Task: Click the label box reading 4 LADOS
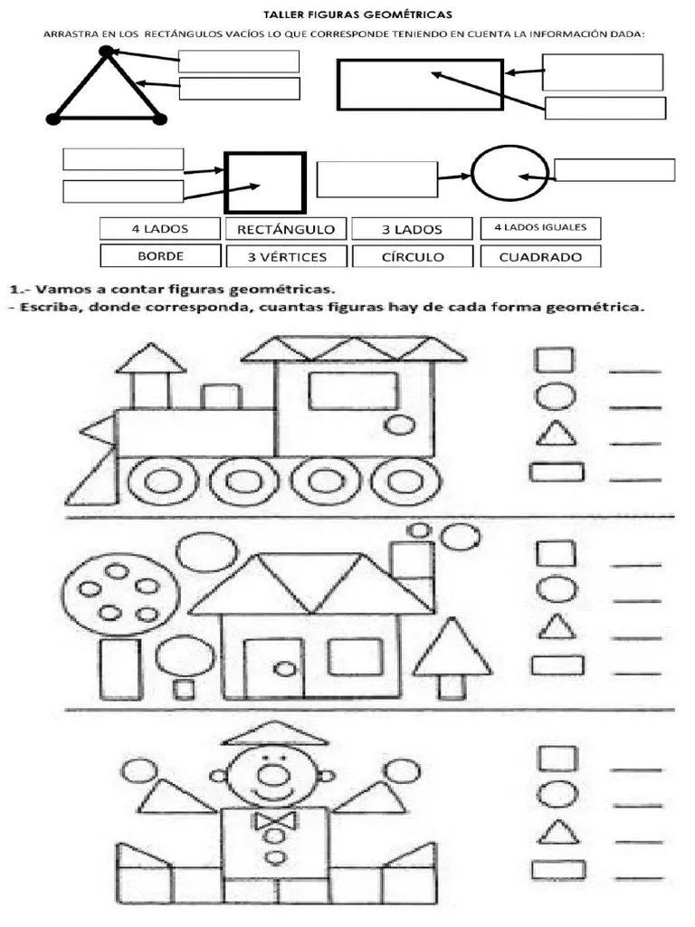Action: click(159, 229)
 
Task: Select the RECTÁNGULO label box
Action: click(285, 229)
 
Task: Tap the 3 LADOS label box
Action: click(411, 229)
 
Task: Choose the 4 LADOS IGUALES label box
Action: click(540, 228)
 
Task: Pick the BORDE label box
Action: click(160, 256)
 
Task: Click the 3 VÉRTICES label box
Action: click(287, 256)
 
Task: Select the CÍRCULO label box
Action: click(412, 256)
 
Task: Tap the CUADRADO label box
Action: click(540, 256)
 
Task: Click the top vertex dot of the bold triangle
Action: click(107, 52)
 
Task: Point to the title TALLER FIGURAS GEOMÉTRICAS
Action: click(345, 14)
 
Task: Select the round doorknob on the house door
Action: click(284, 669)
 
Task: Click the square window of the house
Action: click(355, 657)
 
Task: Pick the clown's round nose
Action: click(271, 775)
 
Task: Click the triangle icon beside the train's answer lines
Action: click(556, 435)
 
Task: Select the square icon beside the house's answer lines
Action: click(556, 553)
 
